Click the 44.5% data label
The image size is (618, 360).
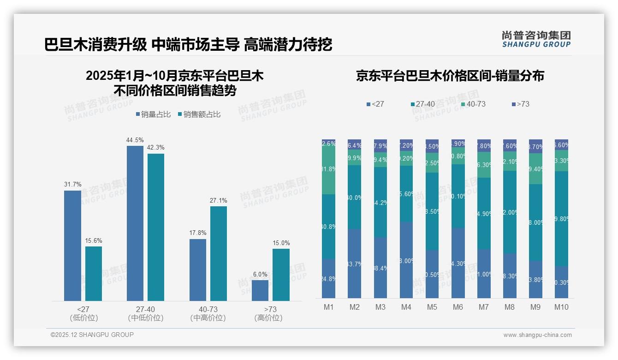(135, 140)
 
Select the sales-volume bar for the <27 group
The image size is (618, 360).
(72, 246)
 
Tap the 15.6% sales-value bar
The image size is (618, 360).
(94, 273)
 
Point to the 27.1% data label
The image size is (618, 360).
(218, 201)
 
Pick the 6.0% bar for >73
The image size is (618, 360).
(260, 290)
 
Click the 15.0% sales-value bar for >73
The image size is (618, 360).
(281, 275)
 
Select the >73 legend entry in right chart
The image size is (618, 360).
(520, 104)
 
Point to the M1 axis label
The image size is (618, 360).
(329, 307)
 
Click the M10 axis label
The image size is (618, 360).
(561, 307)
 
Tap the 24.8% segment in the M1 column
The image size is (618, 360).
(329, 278)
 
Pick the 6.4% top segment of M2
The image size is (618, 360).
(355, 144)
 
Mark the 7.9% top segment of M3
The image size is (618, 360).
(380, 146)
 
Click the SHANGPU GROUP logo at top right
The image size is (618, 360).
(536, 39)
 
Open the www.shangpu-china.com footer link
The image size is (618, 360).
(537, 335)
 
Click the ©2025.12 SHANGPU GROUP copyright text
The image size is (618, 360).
(92, 335)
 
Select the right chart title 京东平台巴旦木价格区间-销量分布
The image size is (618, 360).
(450, 76)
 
